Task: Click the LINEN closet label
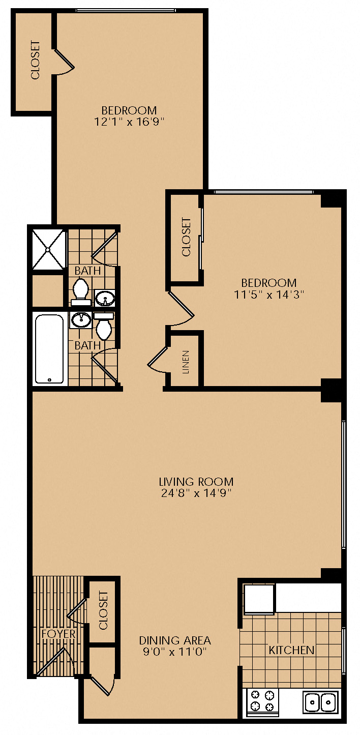(186, 362)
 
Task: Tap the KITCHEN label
(291, 650)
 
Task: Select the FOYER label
(58, 634)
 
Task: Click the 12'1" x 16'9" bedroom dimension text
(129, 122)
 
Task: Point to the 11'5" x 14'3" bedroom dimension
(269, 295)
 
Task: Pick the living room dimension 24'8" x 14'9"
(196, 493)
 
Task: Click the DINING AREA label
(175, 640)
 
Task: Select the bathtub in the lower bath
(49, 349)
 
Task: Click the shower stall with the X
(49, 249)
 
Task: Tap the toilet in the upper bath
(81, 292)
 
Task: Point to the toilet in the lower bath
(104, 326)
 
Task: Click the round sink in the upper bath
(105, 298)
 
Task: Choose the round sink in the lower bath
(81, 319)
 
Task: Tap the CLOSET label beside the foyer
(103, 610)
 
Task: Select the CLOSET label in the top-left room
(35, 60)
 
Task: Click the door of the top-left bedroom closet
(64, 62)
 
